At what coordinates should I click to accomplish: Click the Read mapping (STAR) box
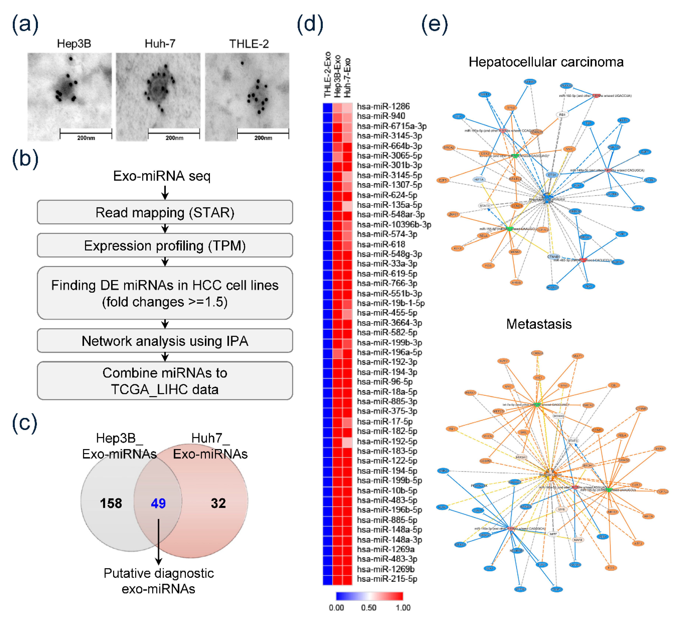tap(165, 212)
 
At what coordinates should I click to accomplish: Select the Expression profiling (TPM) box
tap(165, 245)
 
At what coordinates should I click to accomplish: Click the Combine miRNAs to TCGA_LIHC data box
tap(165, 381)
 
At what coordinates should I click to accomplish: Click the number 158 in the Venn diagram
tap(111, 503)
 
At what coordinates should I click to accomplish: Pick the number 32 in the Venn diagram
tap(218, 503)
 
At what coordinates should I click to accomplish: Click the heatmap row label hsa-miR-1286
tap(383, 106)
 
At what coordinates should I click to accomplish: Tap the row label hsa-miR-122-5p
tap(387, 461)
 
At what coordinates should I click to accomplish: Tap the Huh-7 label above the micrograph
tap(160, 44)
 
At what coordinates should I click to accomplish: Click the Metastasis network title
tap(539, 324)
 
